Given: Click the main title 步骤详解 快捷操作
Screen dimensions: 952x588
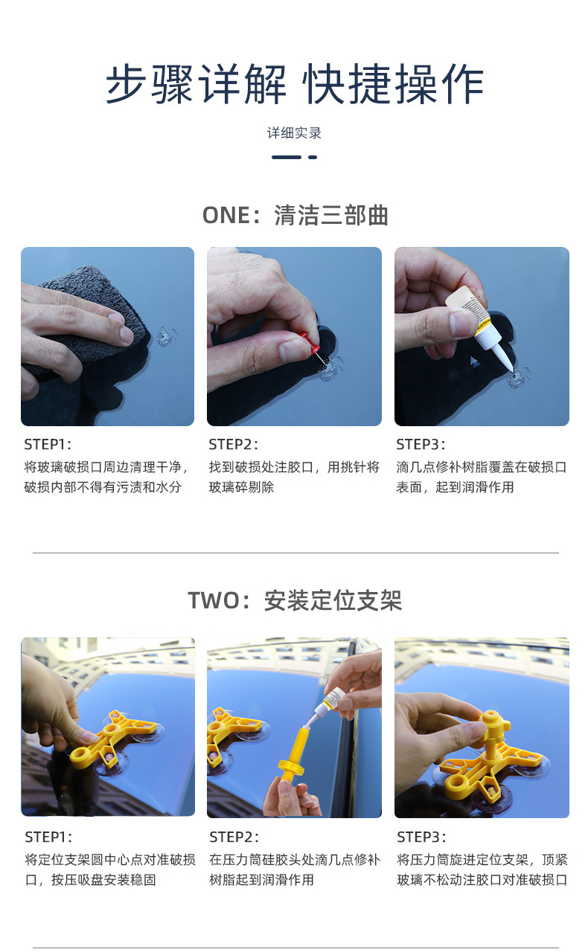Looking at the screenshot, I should pos(294,84).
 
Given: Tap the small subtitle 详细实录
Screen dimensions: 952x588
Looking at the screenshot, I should pos(294,133).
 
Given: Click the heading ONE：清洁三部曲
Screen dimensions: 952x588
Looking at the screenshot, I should pos(295,216).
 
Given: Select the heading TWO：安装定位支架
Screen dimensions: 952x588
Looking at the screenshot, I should pos(295,600).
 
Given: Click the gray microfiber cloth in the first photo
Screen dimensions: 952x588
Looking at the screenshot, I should pos(78,312).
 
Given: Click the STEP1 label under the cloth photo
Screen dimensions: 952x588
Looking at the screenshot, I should pos(48,445).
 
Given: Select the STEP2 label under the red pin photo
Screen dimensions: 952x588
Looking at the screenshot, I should pos(233,445).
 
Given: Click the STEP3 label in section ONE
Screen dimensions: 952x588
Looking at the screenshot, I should pos(421,445).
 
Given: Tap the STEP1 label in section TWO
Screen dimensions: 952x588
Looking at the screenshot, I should pos(48,837).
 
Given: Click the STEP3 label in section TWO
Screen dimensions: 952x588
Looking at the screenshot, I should pos(421,837).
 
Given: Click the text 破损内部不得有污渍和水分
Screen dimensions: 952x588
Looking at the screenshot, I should pos(103,488).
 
